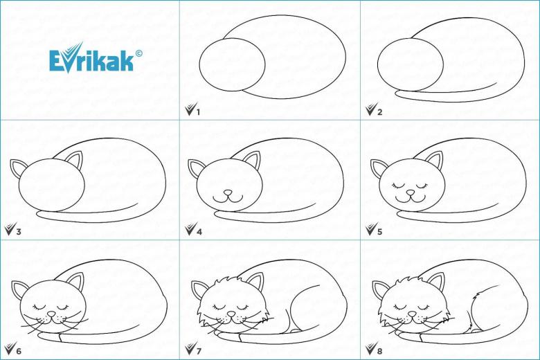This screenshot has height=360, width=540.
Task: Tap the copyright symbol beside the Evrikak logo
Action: pos(138,53)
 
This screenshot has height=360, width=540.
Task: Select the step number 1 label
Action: pos(198,112)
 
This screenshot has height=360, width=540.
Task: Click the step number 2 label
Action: pos(379,112)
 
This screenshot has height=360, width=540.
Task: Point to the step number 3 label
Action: pos(18,231)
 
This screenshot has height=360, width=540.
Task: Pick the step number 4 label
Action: pos(199,231)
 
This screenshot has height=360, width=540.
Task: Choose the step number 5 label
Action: pos(379,231)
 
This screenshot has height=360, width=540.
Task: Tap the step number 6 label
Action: pos(18,351)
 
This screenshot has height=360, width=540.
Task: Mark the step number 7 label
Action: pos(199,351)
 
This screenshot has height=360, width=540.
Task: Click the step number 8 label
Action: pos(379,351)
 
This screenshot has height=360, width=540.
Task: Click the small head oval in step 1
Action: pos(199,64)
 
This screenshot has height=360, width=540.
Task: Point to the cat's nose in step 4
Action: pos(228,192)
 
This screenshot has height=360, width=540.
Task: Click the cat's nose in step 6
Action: pos(51,314)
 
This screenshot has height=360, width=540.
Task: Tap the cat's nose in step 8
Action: pos(412,314)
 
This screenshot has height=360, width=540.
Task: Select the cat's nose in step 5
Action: pos(410,192)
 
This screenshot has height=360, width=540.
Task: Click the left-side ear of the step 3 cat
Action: pos(17,168)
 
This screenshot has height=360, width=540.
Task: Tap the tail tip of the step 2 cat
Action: pos(396,93)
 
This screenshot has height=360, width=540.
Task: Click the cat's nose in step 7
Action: pos(231,314)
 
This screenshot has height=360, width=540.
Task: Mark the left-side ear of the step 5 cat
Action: pos(377,168)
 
